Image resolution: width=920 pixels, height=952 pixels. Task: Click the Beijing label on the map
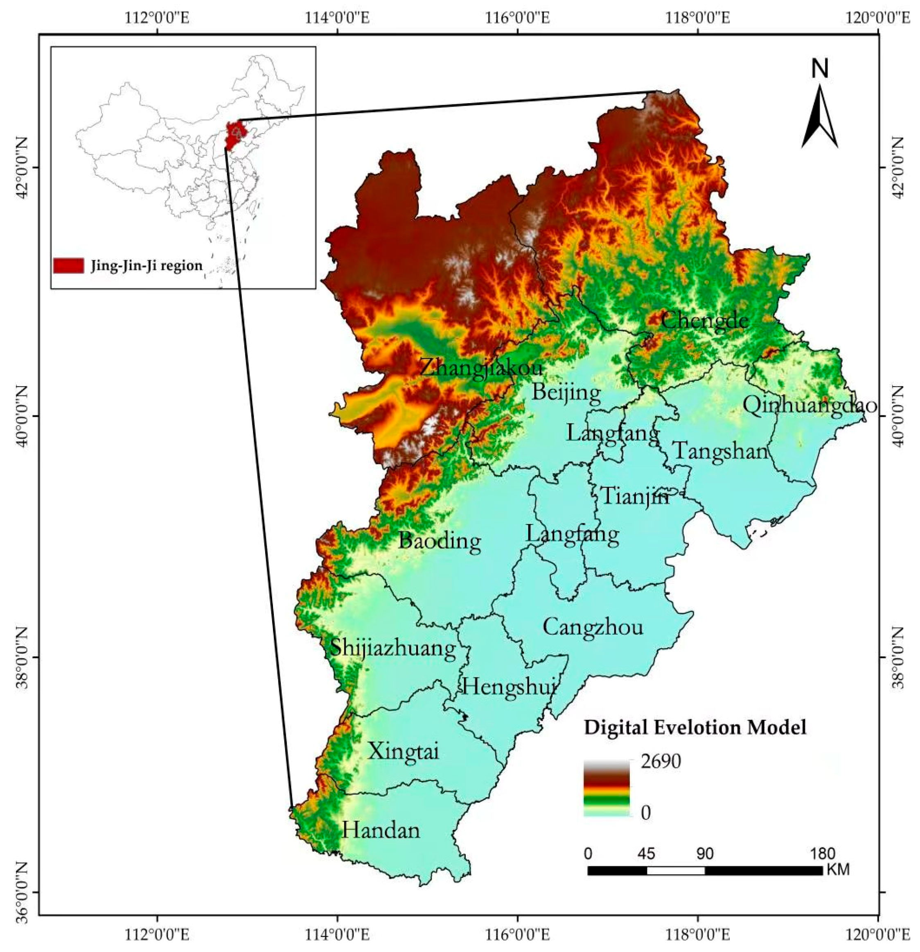[x=566, y=392]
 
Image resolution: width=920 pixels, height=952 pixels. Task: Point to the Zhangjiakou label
[x=480, y=368]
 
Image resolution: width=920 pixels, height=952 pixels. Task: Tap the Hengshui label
[x=509, y=687]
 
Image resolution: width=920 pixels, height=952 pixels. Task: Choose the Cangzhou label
[x=593, y=626]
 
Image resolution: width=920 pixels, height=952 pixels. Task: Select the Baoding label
[x=440, y=540]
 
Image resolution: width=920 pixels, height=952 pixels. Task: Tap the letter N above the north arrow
[x=820, y=70]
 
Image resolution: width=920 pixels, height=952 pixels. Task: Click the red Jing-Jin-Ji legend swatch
[x=68, y=266]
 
